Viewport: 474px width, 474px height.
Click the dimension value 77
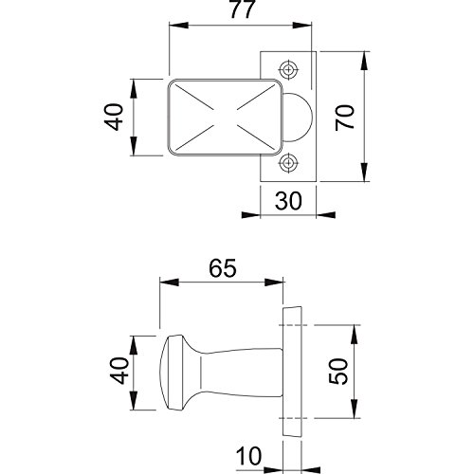coord(242,9)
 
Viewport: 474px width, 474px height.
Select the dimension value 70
coord(345,118)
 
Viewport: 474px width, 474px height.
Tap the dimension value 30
coord(288,201)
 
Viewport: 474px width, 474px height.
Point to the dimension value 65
coord(223,268)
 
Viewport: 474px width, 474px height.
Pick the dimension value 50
coord(338,372)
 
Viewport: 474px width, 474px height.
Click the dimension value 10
coord(249,456)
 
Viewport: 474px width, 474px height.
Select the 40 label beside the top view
coord(114,118)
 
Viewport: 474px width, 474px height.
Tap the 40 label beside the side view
coord(119,372)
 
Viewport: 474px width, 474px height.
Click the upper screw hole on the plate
coord(288,69)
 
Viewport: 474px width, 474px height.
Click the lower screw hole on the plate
coord(288,162)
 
